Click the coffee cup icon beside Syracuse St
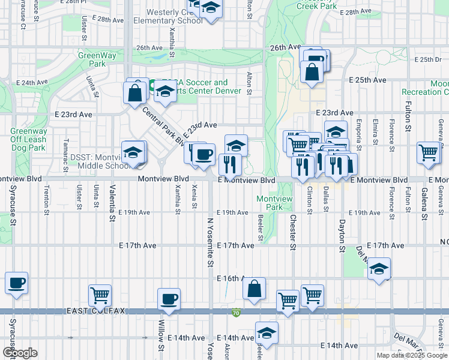(16, 283)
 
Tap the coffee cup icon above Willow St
(169, 299)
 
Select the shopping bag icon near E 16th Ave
(255, 288)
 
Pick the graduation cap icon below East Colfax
(267, 333)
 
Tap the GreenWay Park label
(92, 59)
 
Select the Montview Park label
(274, 203)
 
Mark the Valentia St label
(112, 203)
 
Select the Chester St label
(293, 232)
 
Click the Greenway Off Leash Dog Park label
(28, 139)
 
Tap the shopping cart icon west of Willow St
(100, 295)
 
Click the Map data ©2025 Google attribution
(412, 355)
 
